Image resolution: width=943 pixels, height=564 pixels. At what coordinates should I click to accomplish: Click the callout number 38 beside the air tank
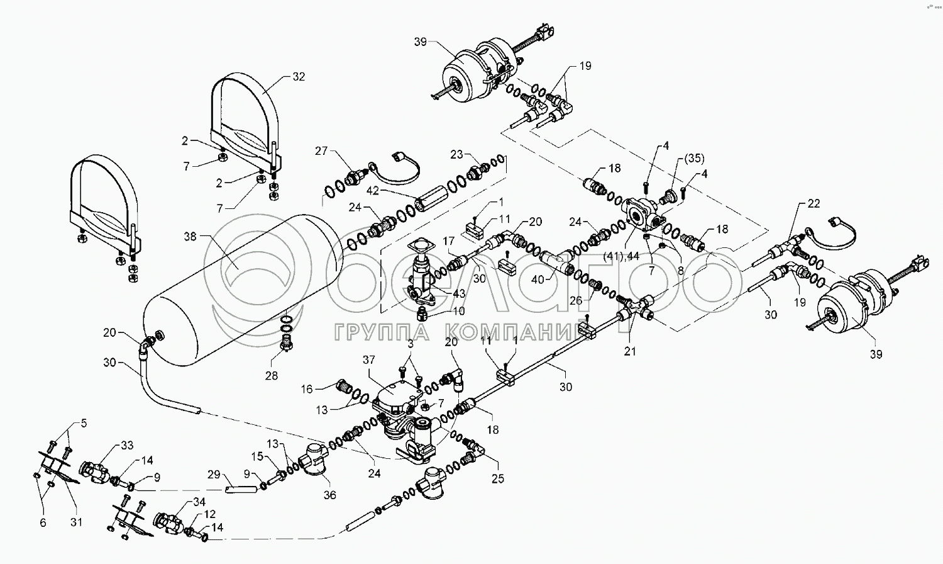[189, 236]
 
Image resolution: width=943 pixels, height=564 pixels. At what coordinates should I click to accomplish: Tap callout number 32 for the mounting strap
[298, 77]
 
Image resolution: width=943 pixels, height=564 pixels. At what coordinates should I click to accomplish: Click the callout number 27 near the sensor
[322, 150]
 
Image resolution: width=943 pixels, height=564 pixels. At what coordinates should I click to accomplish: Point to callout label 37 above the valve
[368, 359]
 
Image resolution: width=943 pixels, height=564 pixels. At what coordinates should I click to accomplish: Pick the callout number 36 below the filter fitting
[329, 495]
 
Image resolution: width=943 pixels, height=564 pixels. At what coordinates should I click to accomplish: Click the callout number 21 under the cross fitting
[630, 352]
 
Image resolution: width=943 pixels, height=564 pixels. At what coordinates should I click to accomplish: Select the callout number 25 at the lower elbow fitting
[498, 479]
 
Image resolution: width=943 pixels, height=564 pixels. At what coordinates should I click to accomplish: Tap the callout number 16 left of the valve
[306, 390]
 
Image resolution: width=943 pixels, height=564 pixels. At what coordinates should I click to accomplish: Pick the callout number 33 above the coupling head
[127, 446]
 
